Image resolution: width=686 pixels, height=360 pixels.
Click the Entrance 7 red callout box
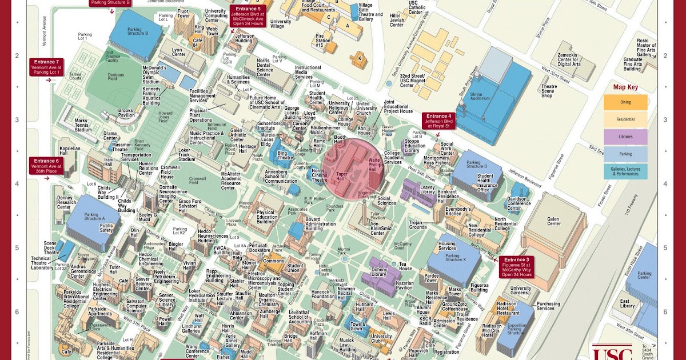(x=46, y=67)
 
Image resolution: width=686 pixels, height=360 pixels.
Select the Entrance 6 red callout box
(x=46, y=165)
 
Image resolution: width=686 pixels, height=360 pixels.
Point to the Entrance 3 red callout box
(x=516, y=267)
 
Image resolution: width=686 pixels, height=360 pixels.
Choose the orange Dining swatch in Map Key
(x=625, y=102)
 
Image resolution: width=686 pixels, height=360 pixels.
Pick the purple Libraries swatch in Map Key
(x=625, y=137)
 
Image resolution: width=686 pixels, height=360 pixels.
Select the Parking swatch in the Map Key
(x=625, y=154)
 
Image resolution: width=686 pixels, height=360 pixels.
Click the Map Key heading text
(x=625, y=87)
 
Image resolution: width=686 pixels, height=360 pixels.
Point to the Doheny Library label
(x=380, y=272)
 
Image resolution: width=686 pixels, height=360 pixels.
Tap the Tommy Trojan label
(x=315, y=256)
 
